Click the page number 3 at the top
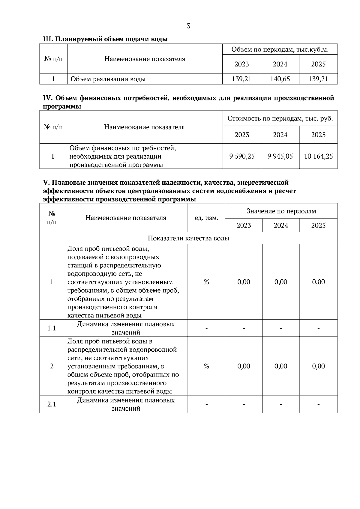pyautogui.click(x=188, y=26)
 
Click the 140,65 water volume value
pyautogui.click(x=280, y=79)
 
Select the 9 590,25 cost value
pyautogui.click(x=242, y=156)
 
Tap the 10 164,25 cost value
pyautogui.click(x=318, y=156)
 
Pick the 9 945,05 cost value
pyautogui.click(x=280, y=156)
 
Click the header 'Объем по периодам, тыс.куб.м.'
pyautogui.click(x=280, y=49)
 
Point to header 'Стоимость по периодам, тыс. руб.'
pyautogui.click(x=280, y=118)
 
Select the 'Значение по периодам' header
pyautogui.click(x=281, y=211)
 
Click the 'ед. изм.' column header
pyautogui.click(x=206, y=218)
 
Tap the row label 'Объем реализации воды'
pyautogui.click(x=108, y=79)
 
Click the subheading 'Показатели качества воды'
pyautogui.click(x=188, y=238)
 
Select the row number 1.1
pyautogui.click(x=52, y=328)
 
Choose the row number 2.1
pyautogui.click(x=52, y=404)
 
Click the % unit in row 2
pyautogui.click(x=206, y=366)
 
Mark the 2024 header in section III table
pyautogui.click(x=280, y=64)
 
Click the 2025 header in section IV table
pyautogui.click(x=318, y=135)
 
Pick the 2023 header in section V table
pyautogui.click(x=244, y=225)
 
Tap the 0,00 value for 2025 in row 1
pyautogui.click(x=318, y=282)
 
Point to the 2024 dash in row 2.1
pyautogui.click(x=281, y=404)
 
